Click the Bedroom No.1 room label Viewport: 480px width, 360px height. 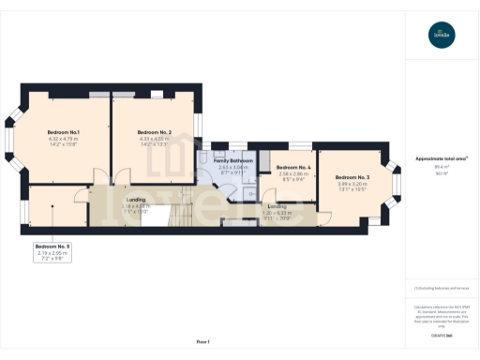(63, 132)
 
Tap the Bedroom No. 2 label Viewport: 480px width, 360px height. (154, 132)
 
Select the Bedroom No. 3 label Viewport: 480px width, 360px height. (352, 177)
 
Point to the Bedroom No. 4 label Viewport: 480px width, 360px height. (293, 167)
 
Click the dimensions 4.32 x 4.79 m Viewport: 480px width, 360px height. (63, 140)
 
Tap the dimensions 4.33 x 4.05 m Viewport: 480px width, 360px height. (154, 140)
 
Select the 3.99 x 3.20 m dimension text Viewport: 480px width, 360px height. (352, 184)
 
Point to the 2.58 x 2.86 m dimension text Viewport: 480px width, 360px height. (293, 173)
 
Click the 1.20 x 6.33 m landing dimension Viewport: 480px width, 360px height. (277, 212)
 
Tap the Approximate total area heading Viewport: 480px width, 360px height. (441, 158)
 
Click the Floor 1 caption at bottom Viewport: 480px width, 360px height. (202, 340)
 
